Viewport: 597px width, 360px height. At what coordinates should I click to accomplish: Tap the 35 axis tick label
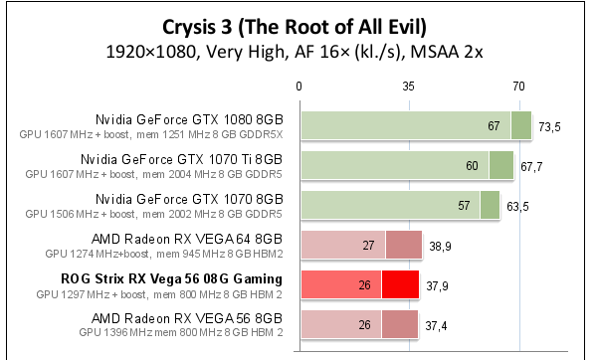click(x=409, y=88)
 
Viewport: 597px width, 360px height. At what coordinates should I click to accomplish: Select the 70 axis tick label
click(x=518, y=88)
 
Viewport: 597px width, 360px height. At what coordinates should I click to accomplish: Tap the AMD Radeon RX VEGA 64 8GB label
click(x=186, y=239)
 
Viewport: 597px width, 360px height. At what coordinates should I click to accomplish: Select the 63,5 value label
click(x=519, y=207)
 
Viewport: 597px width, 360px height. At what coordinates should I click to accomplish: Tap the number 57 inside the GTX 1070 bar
click(x=463, y=206)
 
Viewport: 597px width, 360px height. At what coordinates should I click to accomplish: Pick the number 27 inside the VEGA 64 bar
click(x=368, y=246)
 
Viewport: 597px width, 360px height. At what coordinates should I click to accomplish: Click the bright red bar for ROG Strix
click(x=358, y=285)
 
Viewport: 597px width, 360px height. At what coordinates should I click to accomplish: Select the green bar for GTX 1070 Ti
click(x=406, y=166)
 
